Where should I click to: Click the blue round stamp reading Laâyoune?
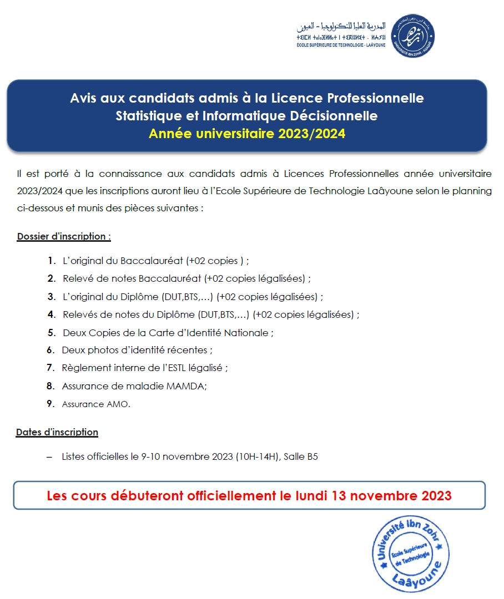pyautogui.click(x=409, y=555)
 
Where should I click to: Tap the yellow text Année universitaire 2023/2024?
pyautogui.click(x=247, y=134)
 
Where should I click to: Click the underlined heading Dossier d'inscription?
pyautogui.click(x=64, y=236)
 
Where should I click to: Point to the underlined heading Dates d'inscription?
pyautogui.click(x=57, y=432)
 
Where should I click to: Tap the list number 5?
pyautogui.click(x=52, y=333)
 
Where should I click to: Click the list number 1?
pyautogui.click(x=52, y=260)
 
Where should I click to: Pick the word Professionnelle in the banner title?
pyautogui.click(x=375, y=98)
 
